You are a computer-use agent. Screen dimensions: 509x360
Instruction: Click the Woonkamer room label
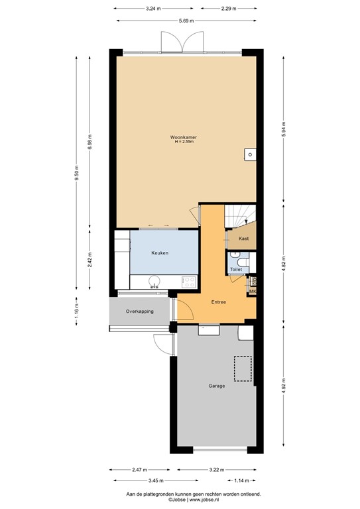pos(186,137)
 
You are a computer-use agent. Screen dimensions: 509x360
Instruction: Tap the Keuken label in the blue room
pos(160,253)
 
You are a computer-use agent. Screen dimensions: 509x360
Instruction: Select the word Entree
pos(219,302)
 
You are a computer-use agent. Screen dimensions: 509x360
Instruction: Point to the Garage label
pos(217,386)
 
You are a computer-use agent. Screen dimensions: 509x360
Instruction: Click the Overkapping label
pos(141,311)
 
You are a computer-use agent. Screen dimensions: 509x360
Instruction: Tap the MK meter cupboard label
pos(252,291)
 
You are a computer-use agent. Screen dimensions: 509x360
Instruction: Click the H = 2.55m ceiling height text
pos(186,142)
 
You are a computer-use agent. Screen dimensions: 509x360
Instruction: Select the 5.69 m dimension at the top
pos(186,21)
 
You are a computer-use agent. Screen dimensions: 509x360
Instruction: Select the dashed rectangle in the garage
pos(243,369)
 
